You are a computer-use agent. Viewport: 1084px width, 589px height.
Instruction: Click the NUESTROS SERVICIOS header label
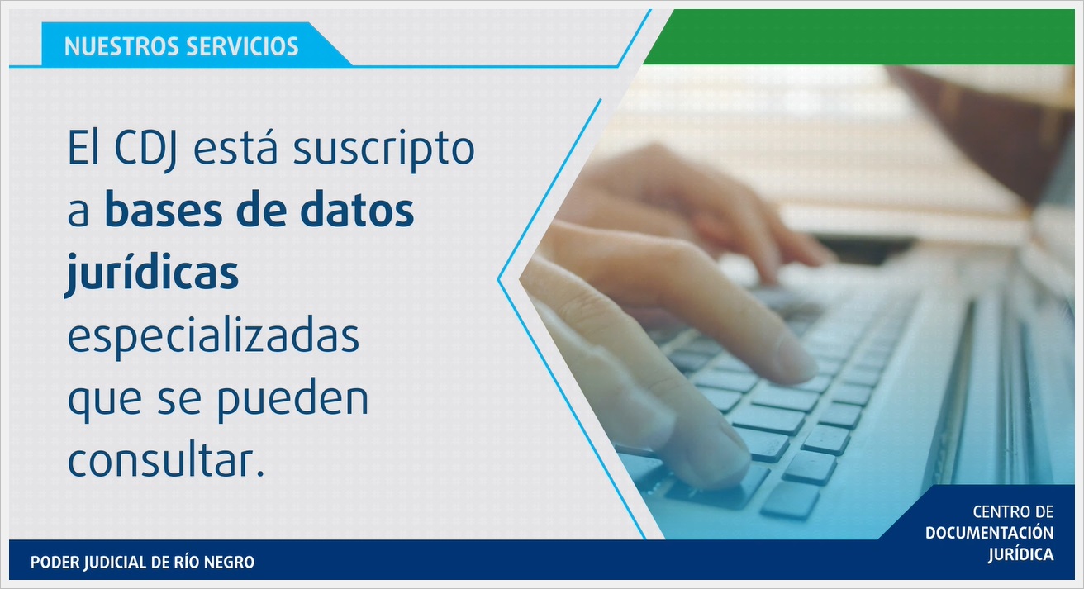(181, 45)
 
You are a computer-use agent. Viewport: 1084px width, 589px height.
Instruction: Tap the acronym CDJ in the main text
(154, 152)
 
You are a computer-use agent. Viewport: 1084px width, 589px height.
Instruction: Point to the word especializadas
(213, 336)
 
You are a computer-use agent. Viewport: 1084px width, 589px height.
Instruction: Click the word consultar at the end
(165, 459)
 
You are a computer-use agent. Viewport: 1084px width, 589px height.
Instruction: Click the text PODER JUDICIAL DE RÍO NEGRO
(142, 563)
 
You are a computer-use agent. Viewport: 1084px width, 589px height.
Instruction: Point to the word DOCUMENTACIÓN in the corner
(989, 534)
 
